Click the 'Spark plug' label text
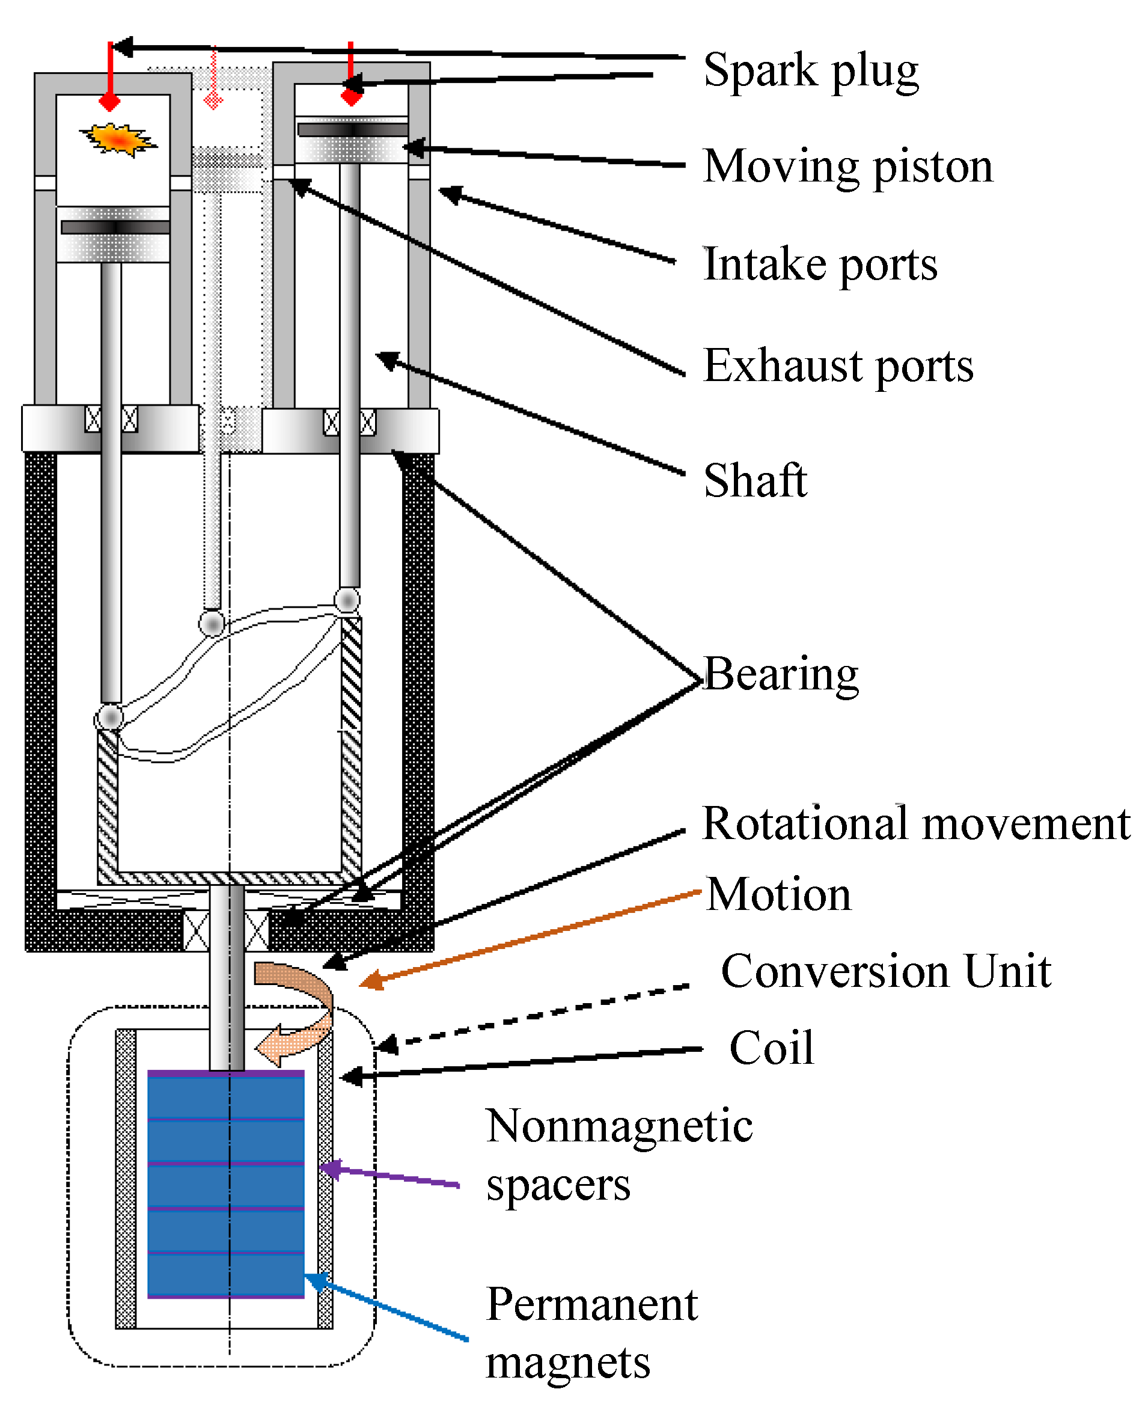(x=811, y=70)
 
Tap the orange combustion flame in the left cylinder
(x=118, y=139)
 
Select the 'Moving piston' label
(x=847, y=166)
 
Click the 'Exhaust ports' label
(x=838, y=365)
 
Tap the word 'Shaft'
(x=754, y=481)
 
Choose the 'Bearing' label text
(x=781, y=674)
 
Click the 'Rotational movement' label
(x=916, y=824)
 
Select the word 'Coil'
(x=771, y=1048)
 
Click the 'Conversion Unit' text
(x=885, y=971)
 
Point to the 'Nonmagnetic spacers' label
(x=618, y=1154)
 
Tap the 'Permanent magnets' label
(x=591, y=1332)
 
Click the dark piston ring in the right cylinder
(x=352, y=130)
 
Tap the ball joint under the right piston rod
(x=347, y=600)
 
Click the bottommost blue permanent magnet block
(x=225, y=1274)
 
